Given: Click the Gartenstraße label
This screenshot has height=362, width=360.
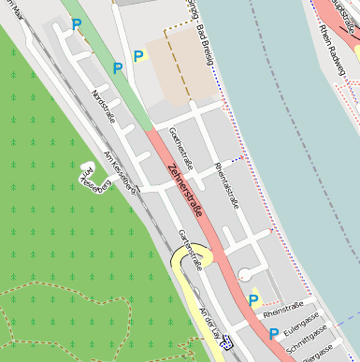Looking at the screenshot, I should click(190, 251).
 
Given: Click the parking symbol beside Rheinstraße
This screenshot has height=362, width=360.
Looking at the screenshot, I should click(253, 300).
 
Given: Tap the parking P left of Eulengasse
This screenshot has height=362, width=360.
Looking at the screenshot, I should click(272, 333).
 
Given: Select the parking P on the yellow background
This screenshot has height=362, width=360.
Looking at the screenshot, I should click(138, 56).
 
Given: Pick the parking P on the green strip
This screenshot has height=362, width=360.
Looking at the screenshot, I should click(118, 68).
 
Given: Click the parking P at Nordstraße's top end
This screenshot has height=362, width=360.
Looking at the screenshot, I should click(76, 25).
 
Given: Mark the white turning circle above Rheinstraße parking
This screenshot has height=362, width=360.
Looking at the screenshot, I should click(245, 274).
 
